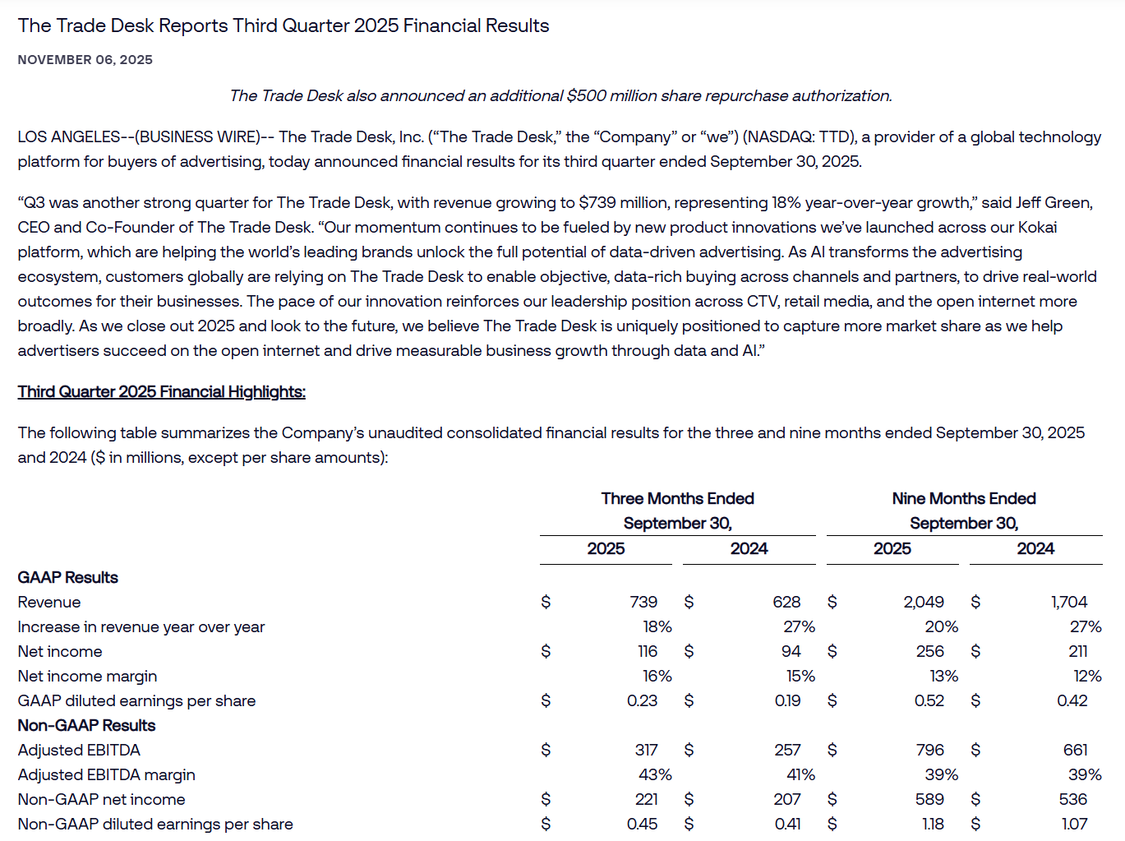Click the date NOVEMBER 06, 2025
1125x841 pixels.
(85, 60)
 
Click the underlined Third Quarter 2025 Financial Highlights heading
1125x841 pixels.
(162, 392)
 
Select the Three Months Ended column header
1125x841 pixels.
(677, 499)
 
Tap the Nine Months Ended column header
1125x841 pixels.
(964, 499)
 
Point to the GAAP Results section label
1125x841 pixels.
(68, 578)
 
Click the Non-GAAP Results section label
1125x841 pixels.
(87, 726)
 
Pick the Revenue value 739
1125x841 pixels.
(643, 603)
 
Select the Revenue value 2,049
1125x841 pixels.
(924, 603)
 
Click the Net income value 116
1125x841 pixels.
(648, 652)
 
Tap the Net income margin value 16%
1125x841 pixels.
(657, 677)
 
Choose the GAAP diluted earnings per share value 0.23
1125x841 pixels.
(642, 701)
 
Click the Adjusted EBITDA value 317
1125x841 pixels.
(646, 751)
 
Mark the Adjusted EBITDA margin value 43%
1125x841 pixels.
(655, 775)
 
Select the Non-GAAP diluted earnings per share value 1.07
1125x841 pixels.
(1074, 825)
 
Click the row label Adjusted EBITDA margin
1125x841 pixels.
(107, 775)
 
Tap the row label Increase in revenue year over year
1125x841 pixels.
(141, 627)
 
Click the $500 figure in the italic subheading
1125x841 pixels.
(585, 96)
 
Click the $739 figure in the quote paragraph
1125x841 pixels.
(597, 203)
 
